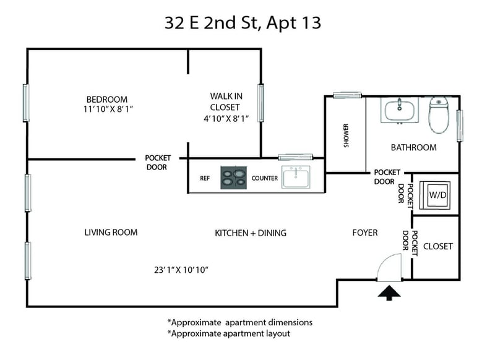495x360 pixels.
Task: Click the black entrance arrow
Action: pos(389,293)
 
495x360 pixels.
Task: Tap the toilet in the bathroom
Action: pos(439,115)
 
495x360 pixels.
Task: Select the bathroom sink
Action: pos(399,110)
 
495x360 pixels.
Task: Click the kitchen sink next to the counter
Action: pos(296,178)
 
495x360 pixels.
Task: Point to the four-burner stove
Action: pos(233,178)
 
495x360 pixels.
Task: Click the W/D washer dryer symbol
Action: pos(434,195)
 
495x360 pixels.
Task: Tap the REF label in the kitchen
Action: pos(205,178)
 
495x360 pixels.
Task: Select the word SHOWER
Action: pos(346,135)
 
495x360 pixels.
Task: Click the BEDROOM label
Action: pos(107,100)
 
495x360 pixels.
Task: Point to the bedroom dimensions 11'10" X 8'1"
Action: pos(108,109)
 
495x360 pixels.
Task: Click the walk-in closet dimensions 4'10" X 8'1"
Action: pos(226,119)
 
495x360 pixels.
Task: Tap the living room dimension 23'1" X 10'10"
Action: pos(181,270)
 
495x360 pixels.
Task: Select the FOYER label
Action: pos(365,233)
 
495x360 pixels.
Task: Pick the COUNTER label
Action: pos(265,178)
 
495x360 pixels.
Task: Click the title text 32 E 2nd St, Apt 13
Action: pos(243,23)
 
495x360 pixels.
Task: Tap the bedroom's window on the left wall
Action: pos(26,103)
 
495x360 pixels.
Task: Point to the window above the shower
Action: pos(347,95)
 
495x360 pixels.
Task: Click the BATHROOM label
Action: pos(413,147)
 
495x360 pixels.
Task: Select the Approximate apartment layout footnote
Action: pos(228,333)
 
